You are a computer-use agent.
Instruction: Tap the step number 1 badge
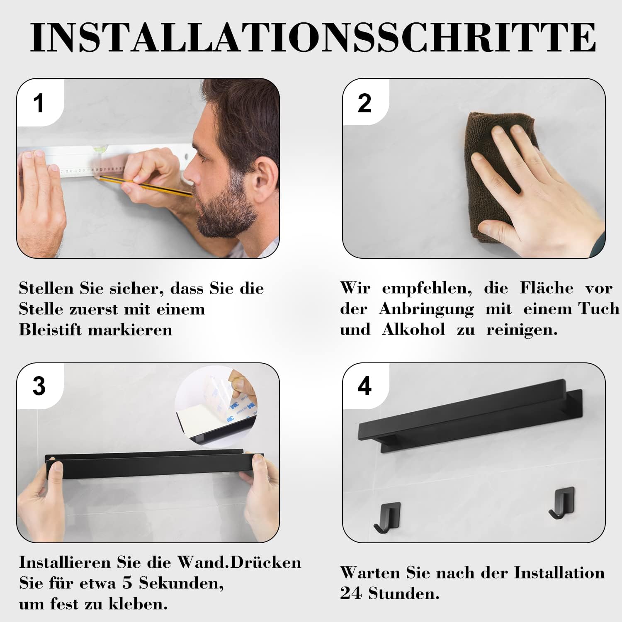(39, 103)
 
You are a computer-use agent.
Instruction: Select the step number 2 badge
(364, 103)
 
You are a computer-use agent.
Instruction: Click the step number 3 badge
(39, 386)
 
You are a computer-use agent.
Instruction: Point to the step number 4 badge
(364, 386)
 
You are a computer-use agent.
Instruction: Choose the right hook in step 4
(560, 504)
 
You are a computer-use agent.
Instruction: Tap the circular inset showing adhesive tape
(216, 406)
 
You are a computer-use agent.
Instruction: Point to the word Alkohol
(413, 330)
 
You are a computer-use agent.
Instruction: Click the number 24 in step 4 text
(350, 594)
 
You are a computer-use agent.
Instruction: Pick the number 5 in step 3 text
(127, 583)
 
